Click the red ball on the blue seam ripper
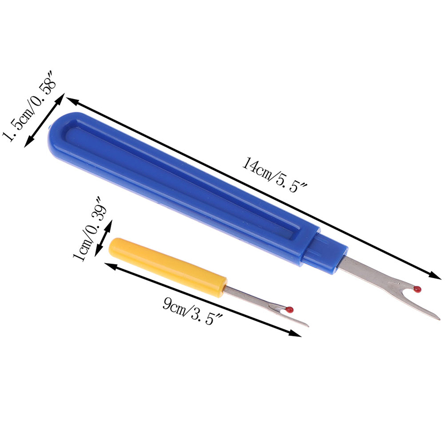tap(417, 289)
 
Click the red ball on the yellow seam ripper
tap(290, 309)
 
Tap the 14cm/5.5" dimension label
tap(274, 175)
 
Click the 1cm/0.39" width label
tap(90, 229)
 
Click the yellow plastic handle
tap(168, 267)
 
